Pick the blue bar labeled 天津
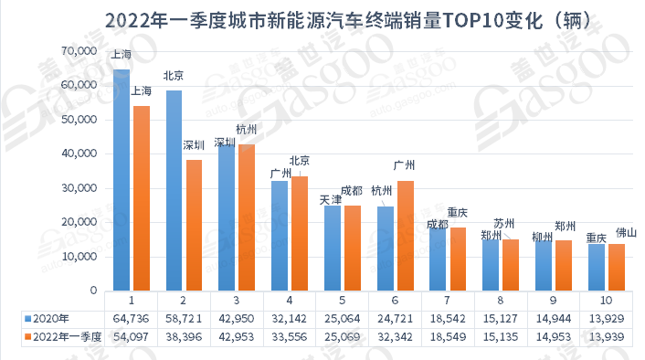tap(333, 248)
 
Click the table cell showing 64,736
tap(132, 318)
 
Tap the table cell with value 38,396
tap(185, 338)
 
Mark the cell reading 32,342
tap(396, 338)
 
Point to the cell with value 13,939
tap(607, 338)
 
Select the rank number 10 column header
tap(607, 299)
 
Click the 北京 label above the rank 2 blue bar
tap(174, 77)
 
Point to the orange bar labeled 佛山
tap(617, 267)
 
